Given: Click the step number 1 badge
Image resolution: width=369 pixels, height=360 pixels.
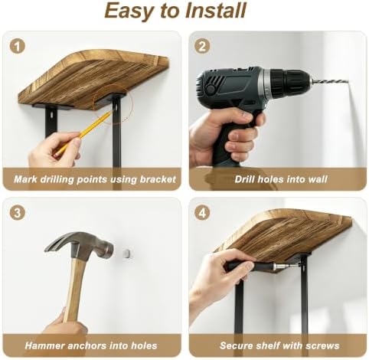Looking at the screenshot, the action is pos(18,46).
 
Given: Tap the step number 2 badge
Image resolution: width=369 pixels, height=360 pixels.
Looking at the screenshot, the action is pos(202,46).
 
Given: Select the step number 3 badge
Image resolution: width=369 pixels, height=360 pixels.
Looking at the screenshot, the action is pos(18,213).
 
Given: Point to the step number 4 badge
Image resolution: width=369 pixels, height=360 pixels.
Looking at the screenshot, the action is pos(202,213).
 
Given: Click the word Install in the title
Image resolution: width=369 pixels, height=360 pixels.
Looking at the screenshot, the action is pos(216,11).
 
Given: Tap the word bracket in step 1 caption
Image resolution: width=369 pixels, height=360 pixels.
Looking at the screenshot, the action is pos(158,179).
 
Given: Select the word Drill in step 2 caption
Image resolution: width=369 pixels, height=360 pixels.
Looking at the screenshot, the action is pos(244,179).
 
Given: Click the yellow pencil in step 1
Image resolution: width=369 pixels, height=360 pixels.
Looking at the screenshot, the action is pos(84,133).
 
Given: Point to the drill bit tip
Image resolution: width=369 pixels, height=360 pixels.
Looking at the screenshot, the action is pos(348,82).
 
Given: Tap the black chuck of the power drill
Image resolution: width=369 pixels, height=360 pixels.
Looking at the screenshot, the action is pos(289,81).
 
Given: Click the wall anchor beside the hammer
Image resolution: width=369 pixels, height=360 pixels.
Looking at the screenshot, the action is pos(128,254).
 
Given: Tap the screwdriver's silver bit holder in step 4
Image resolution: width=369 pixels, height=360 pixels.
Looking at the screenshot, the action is pos(280,267).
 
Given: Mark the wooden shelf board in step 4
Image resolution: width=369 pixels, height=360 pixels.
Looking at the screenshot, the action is pos(283,237).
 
